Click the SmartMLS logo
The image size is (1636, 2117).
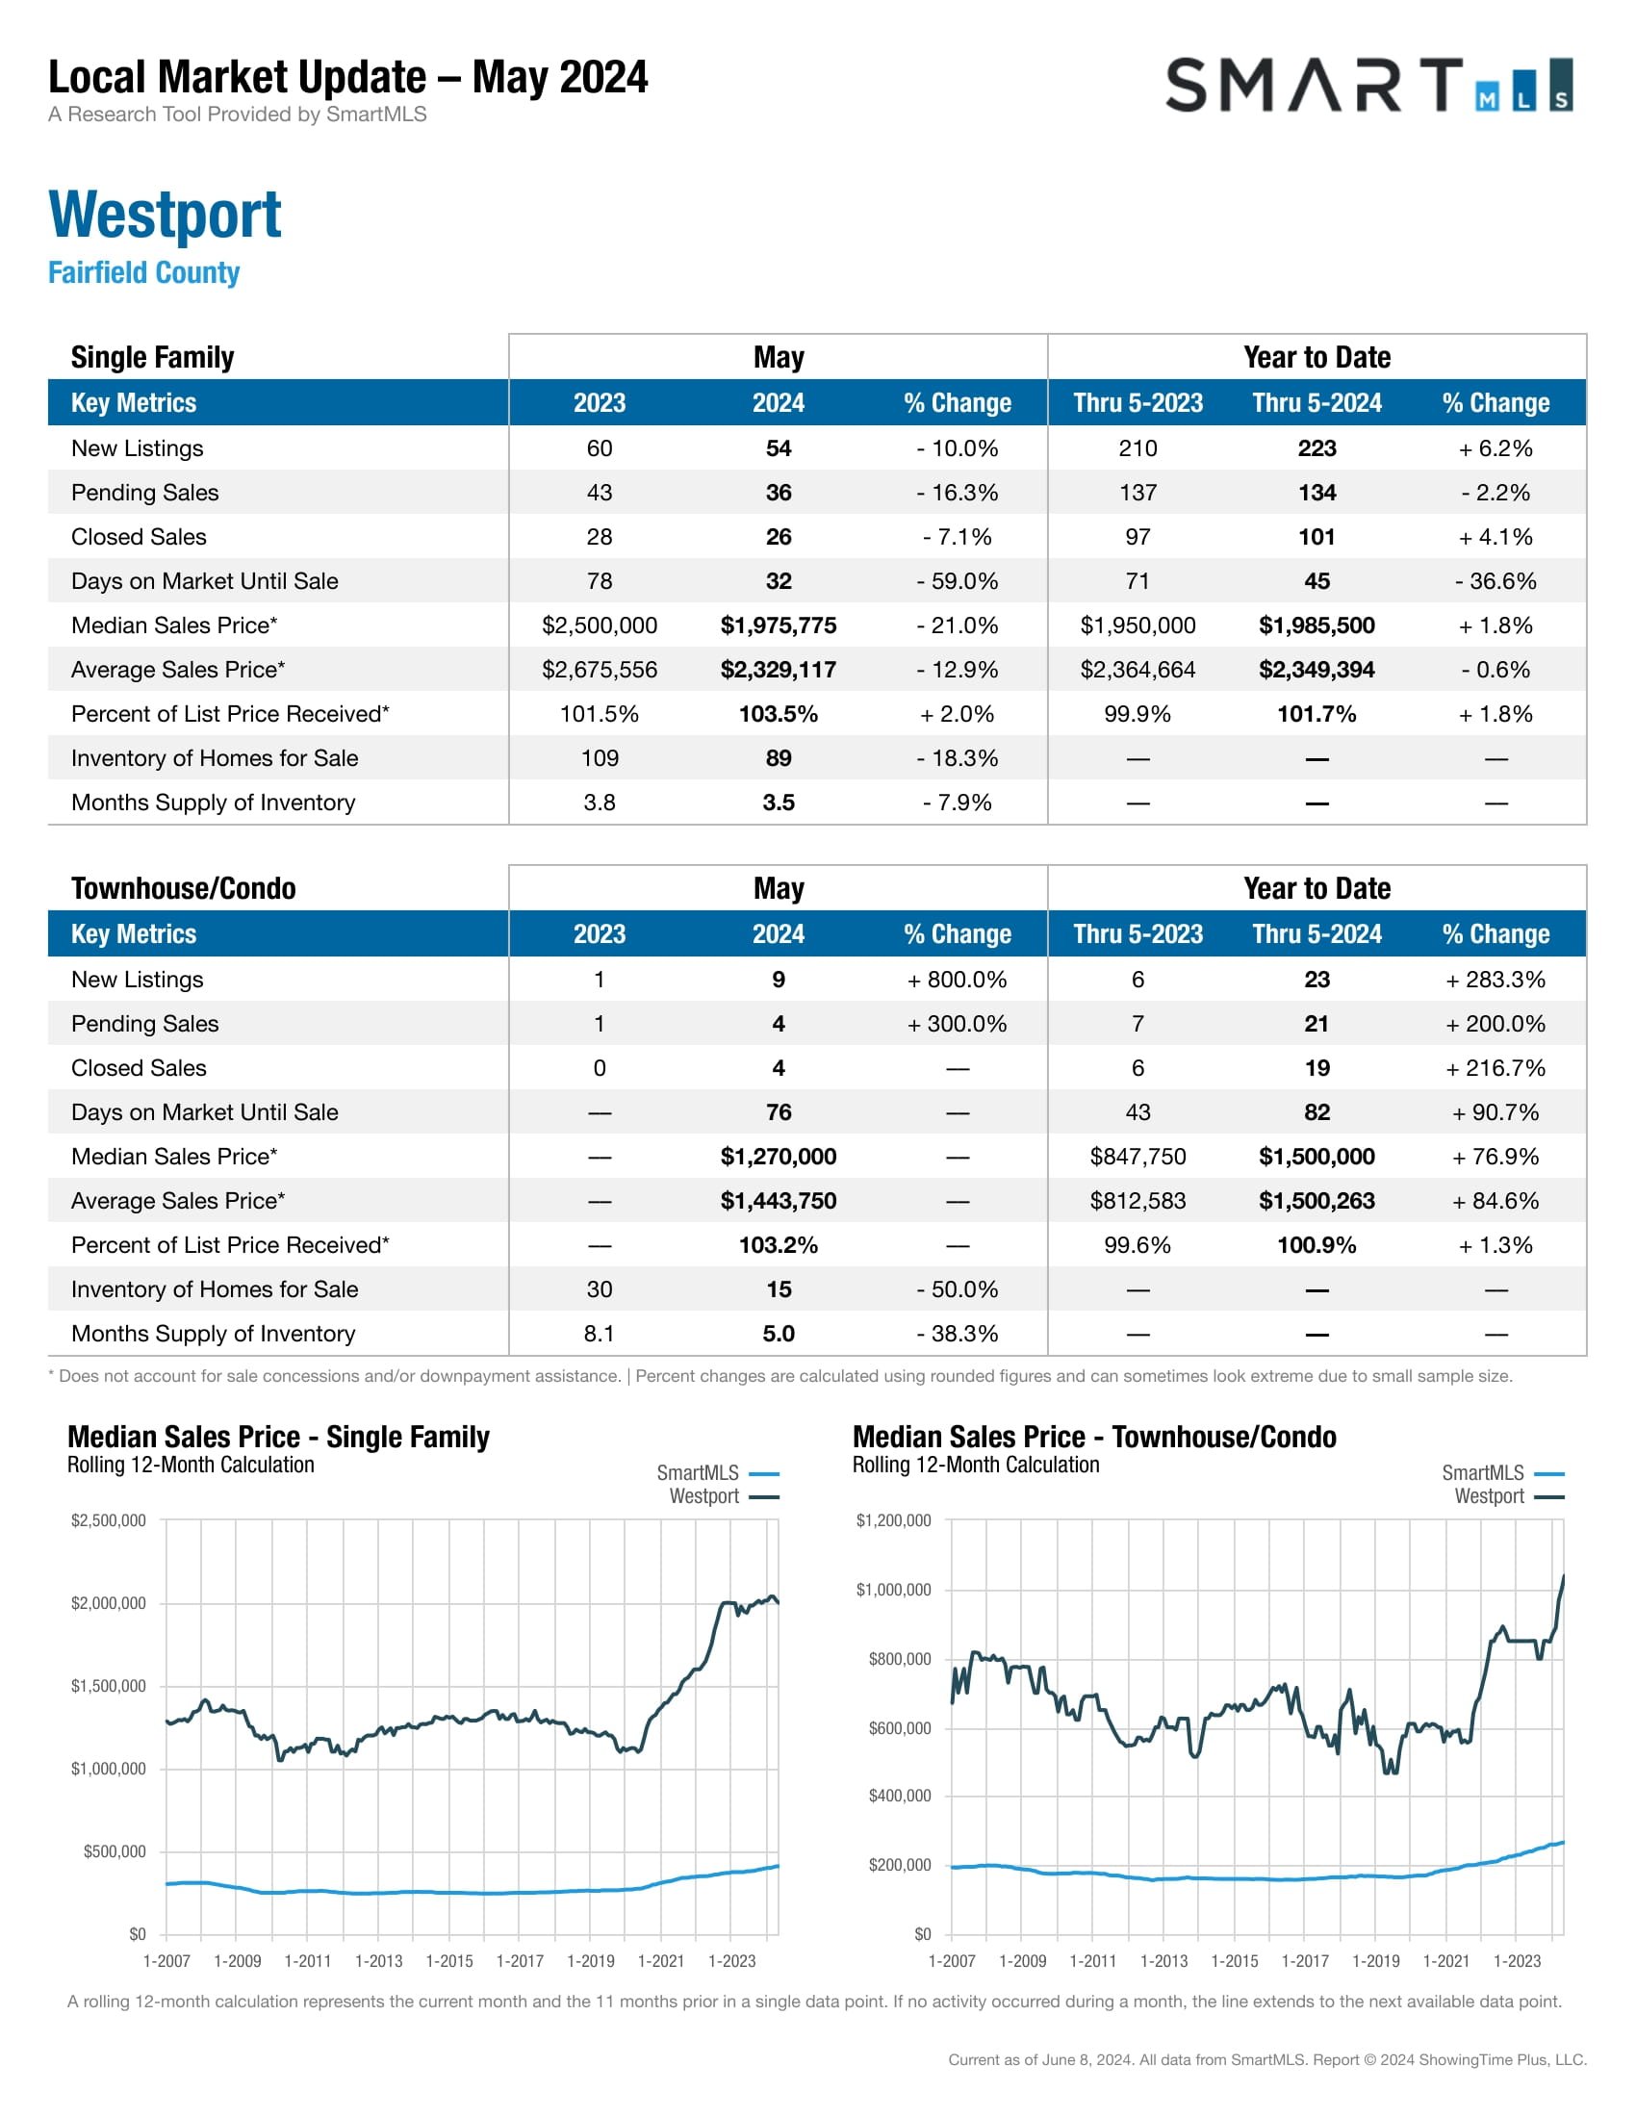[x=1368, y=86]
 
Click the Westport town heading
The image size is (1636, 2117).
[x=165, y=215]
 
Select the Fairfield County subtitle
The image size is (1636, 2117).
[x=143, y=272]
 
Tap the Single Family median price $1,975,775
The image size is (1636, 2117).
[x=778, y=625]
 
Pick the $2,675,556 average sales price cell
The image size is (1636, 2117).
[x=599, y=670]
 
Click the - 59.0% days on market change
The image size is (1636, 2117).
[x=957, y=581]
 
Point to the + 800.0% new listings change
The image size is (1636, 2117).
[x=957, y=980]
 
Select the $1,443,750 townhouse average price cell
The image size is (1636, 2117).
[x=778, y=1201]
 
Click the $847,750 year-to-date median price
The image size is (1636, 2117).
[x=1137, y=1157]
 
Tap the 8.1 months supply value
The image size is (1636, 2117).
[x=599, y=1334]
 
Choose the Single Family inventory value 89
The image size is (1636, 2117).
[x=778, y=758]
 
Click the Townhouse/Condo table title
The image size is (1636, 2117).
[x=183, y=888]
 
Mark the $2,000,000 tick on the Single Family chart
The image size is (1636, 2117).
[x=109, y=1603]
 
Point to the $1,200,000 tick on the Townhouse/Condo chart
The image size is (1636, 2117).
[x=893, y=1519]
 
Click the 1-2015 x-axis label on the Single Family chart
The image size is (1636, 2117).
[x=449, y=1961]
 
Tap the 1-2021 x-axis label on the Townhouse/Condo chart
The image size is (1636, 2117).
[x=1446, y=1961]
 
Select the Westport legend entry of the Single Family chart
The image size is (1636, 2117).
[x=722, y=1496]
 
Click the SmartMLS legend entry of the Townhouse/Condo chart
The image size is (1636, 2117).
[x=1501, y=1473]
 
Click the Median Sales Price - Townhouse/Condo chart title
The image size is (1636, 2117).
[x=1093, y=1437]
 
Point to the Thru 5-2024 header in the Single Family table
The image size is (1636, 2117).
[x=1316, y=403]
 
